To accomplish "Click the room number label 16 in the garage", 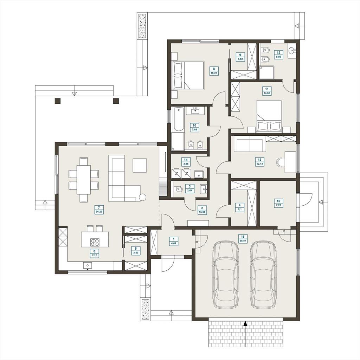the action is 243,237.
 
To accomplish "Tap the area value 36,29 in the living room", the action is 99,212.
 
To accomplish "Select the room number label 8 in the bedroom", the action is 214,69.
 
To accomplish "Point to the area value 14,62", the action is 266,93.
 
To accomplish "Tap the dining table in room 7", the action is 84,180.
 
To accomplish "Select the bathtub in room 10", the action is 179,120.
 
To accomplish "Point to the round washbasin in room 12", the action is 292,50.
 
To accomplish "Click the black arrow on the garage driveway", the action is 245,323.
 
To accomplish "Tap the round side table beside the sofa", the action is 142,197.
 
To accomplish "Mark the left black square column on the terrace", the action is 57,101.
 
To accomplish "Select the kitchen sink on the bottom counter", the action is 88,265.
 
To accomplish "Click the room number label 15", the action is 278,201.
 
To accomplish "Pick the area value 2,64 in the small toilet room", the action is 189,190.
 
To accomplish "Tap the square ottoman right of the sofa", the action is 140,166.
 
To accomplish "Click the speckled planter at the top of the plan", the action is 142,26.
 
